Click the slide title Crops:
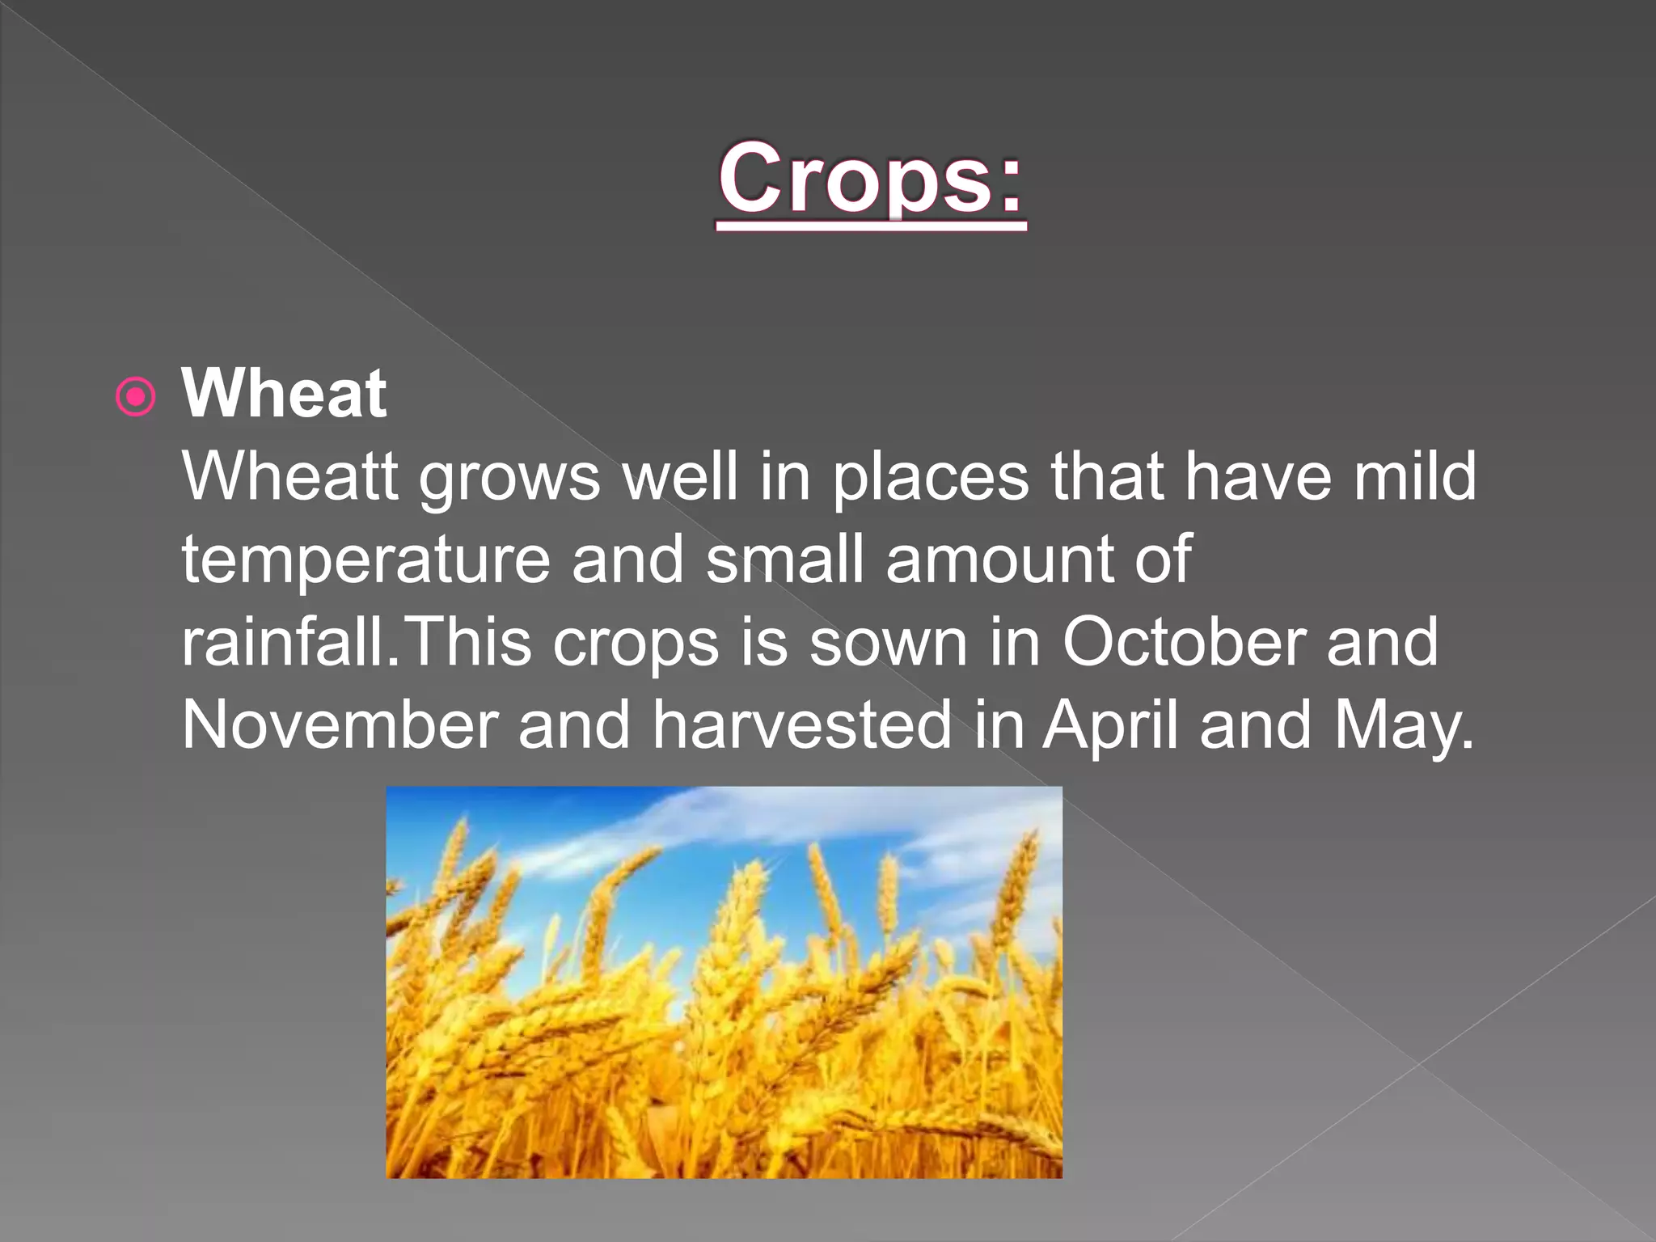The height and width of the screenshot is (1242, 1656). click(871, 179)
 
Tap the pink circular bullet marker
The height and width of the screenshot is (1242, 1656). click(135, 397)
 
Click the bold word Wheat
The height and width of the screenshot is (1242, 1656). click(284, 394)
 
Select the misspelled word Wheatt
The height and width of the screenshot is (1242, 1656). click(289, 477)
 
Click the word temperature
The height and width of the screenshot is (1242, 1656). click(365, 560)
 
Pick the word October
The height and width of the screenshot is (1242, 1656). click(1183, 643)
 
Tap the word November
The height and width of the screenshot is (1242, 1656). click(340, 725)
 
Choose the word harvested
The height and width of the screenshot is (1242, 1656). click(802, 725)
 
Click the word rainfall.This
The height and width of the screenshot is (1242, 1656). click(357, 643)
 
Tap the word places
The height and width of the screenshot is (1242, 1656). click(931, 477)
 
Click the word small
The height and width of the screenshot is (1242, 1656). click(785, 560)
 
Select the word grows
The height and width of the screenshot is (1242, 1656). click(509, 477)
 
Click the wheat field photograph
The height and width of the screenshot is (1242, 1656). click(724, 982)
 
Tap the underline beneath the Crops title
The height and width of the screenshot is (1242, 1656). click(871, 229)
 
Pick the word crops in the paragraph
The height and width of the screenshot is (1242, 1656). click(636, 643)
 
